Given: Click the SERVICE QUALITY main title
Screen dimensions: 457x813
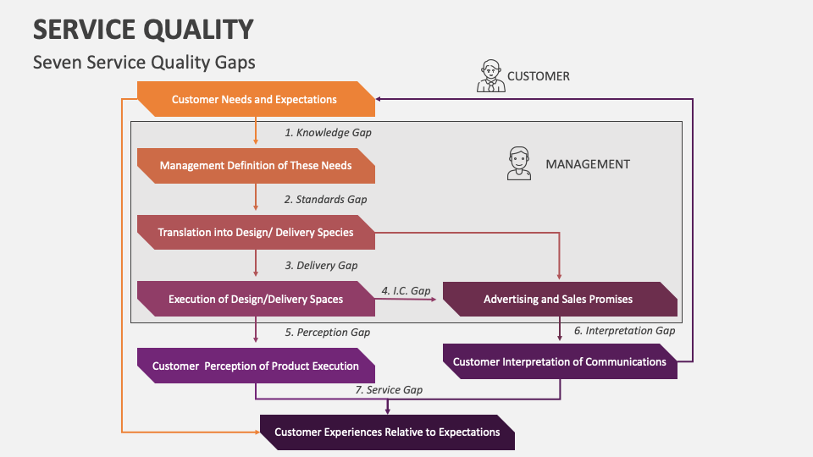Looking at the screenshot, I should pos(143,30).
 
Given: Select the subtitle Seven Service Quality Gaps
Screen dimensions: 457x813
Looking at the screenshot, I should pos(143,63).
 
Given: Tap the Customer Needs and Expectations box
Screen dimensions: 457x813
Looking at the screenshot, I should pos(255,99).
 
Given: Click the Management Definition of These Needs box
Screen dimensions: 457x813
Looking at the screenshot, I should pos(255,166).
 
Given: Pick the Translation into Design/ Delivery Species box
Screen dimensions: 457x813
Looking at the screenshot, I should pos(255,232).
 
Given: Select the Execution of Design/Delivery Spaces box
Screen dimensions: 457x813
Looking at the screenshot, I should pos(255,299).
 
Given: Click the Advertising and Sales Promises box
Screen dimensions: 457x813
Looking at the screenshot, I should pos(558,299).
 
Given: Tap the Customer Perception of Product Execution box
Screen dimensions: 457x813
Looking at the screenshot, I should pos(255,366).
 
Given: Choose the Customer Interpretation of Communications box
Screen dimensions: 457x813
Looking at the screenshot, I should pos(559,361).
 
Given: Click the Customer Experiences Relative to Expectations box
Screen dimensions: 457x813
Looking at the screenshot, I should pos(387,432).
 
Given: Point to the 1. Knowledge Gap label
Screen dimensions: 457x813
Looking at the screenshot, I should pos(327,133).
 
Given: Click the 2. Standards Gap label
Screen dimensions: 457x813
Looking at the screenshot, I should pos(325,200).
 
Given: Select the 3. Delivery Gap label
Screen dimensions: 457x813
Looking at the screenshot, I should pos(321,266).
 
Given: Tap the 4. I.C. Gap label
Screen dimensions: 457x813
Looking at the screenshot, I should pos(406,290).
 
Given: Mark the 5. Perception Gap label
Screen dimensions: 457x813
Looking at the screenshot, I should pos(327,333).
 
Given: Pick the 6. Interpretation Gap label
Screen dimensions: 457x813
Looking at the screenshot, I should pos(624,331).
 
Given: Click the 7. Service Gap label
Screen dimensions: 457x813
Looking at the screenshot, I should pos(389,390).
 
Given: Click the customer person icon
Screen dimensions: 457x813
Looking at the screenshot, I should pos(489,76).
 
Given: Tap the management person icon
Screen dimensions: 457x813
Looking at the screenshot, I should pos(518,163).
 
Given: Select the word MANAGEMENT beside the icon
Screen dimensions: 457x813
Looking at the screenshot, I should pos(587,164).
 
